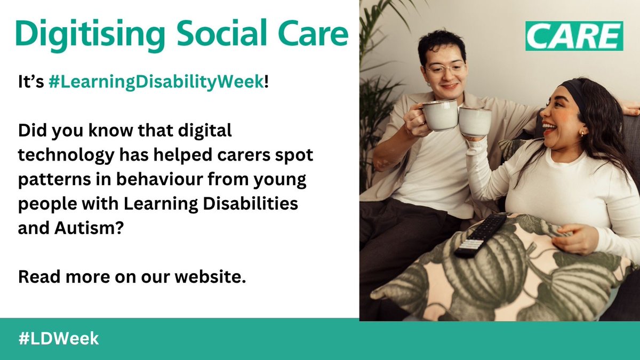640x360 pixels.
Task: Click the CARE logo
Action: pyautogui.click(x=574, y=36)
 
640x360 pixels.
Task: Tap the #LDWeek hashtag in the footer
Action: pyautogui.click(x=59, y=339)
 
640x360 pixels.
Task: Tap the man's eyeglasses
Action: pyautogui.click(x=445, y=69)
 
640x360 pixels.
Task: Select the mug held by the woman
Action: pyautogui.click(x=474, y=122)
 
